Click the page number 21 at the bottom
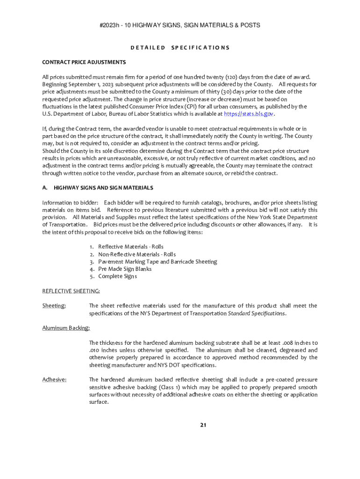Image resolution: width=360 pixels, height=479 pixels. point(203,425)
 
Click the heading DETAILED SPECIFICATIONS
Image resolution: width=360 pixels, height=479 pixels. point(180,47)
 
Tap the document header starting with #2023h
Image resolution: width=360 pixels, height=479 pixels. point(180,25)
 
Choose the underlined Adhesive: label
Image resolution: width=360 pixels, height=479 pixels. point(54,379)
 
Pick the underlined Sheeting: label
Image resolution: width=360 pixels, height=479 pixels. point(54,305)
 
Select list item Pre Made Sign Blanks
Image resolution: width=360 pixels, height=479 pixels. point(125,269)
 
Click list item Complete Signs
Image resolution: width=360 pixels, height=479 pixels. point(117,276)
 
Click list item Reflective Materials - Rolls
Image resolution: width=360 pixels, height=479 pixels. point(131,247)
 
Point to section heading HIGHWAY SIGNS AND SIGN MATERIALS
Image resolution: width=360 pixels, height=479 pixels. point(103,188)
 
